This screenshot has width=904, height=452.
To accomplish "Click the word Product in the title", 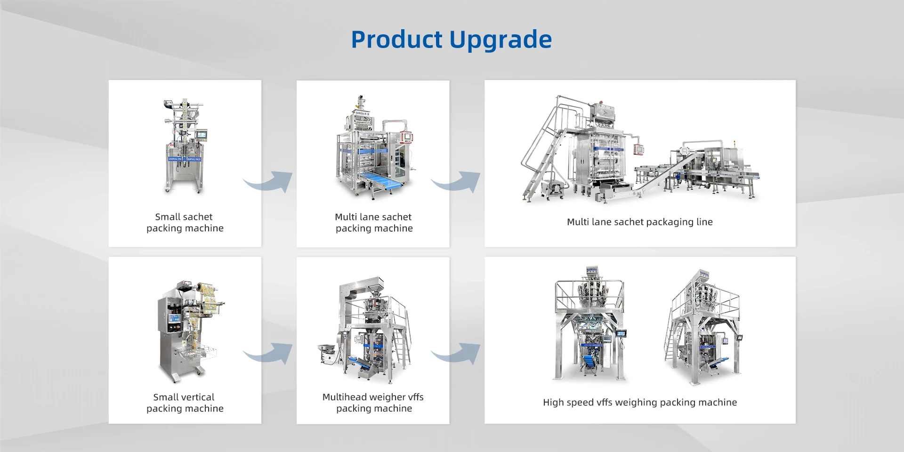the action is click(x=396, y=39).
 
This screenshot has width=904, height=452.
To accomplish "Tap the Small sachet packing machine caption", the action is click(x=185, y=222).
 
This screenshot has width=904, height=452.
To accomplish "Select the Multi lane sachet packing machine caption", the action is click(x=374, y=222).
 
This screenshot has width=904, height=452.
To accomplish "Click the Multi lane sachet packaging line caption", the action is click(x=640, y=222).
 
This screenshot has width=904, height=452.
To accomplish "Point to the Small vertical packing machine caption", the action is click(x=185, y=403).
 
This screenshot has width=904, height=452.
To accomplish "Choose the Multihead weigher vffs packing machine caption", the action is click(x=373, y=403).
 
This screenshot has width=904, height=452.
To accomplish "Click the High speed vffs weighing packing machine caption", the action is click(x=640, y=402).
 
